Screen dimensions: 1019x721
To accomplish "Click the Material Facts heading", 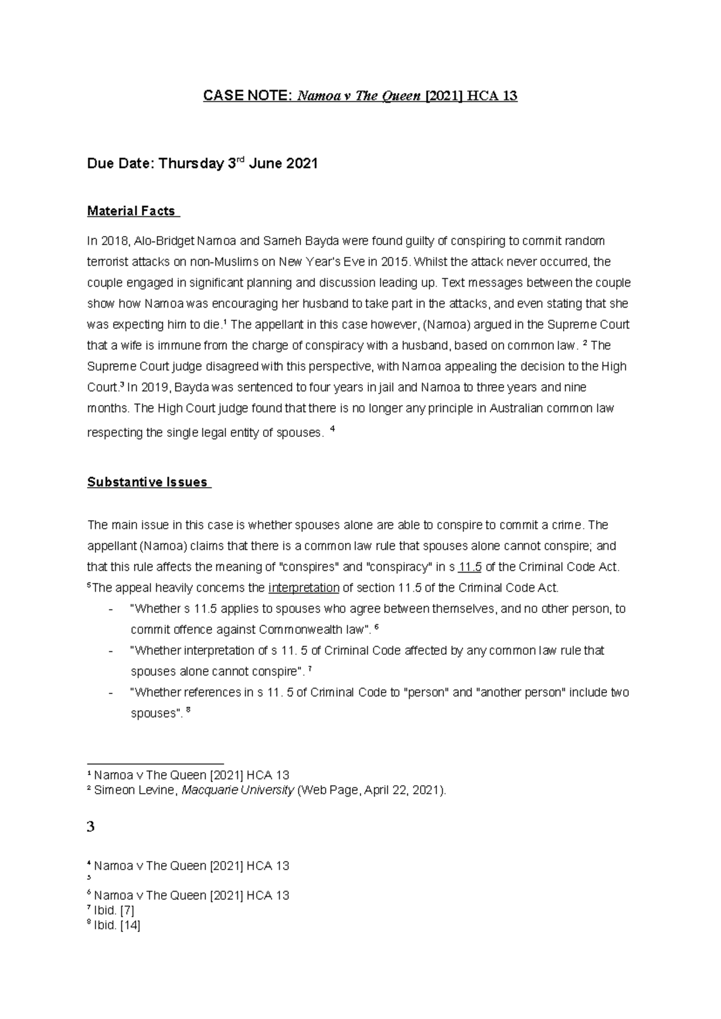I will pos(131,211).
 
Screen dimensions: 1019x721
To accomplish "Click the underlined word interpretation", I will pos(304,588).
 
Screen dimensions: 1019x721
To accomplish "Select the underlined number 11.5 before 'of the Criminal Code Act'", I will pos(470,567).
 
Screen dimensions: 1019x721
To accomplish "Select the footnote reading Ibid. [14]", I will pos(117,926).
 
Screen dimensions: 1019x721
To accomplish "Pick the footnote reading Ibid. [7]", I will pos(114,911).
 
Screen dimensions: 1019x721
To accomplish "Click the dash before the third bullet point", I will pos(110,693).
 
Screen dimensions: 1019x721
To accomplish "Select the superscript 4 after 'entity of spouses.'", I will pos(333,430).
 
